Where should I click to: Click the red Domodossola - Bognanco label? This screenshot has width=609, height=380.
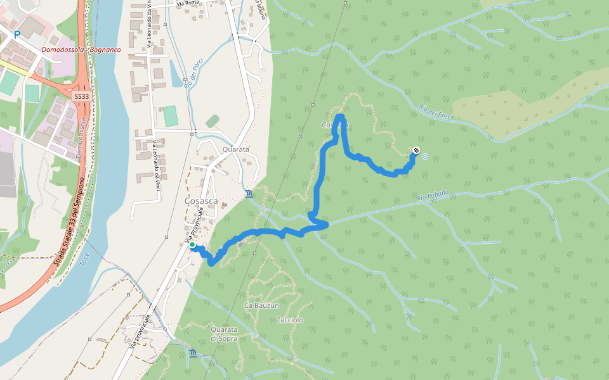[81, 49]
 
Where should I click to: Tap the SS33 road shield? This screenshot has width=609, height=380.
[81, 96]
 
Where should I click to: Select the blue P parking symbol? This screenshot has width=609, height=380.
[17, 35]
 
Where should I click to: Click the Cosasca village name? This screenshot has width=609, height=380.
[201, 201]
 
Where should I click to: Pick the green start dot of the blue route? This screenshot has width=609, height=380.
[192, 244]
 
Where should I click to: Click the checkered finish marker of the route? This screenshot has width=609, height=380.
[416, 150]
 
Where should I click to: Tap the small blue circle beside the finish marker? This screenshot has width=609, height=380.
[424, 155]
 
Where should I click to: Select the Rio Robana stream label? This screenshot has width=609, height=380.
[433, 197]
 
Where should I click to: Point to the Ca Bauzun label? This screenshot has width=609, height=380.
[261, 305]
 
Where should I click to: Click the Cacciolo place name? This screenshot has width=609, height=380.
[290, 320]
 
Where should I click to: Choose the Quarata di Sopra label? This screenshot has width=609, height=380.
[224, 334]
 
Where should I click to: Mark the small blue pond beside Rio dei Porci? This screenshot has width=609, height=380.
[176, 75]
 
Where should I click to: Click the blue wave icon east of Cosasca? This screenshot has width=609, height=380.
[248, 193]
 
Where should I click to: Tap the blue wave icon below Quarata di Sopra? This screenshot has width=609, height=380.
[193, 352]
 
